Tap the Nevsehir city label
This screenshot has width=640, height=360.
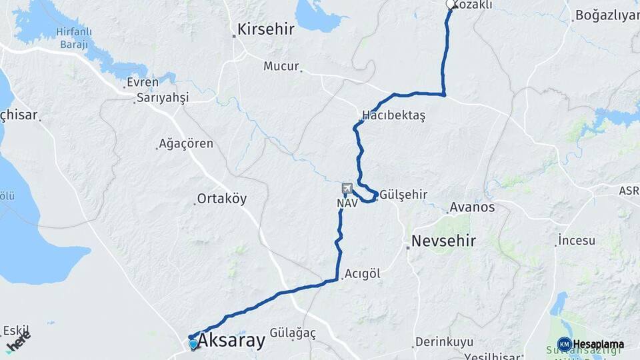point(443,241)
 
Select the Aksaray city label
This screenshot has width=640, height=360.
point(231,341)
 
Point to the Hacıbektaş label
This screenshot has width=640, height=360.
point(393,115)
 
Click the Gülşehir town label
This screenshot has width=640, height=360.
point(404,195)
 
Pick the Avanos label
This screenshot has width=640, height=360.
point(473,207)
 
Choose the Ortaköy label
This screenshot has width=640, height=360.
point(223,199)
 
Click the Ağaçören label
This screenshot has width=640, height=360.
point(187,143)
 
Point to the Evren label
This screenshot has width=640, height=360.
point(143,83)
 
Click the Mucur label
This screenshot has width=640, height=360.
point(281,65)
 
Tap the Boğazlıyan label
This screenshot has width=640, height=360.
point(607,15)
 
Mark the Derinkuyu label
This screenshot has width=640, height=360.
point(443,342)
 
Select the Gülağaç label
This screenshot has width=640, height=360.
point(293,332)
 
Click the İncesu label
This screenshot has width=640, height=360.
point(577,240)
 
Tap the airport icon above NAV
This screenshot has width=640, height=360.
point(347,189)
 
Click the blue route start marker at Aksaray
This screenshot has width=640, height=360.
point(193,344)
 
